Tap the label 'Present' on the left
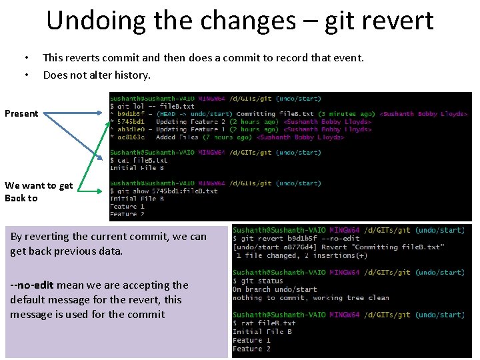(x=21, y=113)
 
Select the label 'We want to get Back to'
(x=38, y=192)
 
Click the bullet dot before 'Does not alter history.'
(x=26, y=75)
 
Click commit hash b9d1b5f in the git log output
(x=130, y=114)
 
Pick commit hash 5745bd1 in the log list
(x=131, y=122)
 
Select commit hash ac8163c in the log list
(x=131, y=137)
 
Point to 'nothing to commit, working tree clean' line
(x=311, y=297)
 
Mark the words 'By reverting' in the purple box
(x=38, y=236)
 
